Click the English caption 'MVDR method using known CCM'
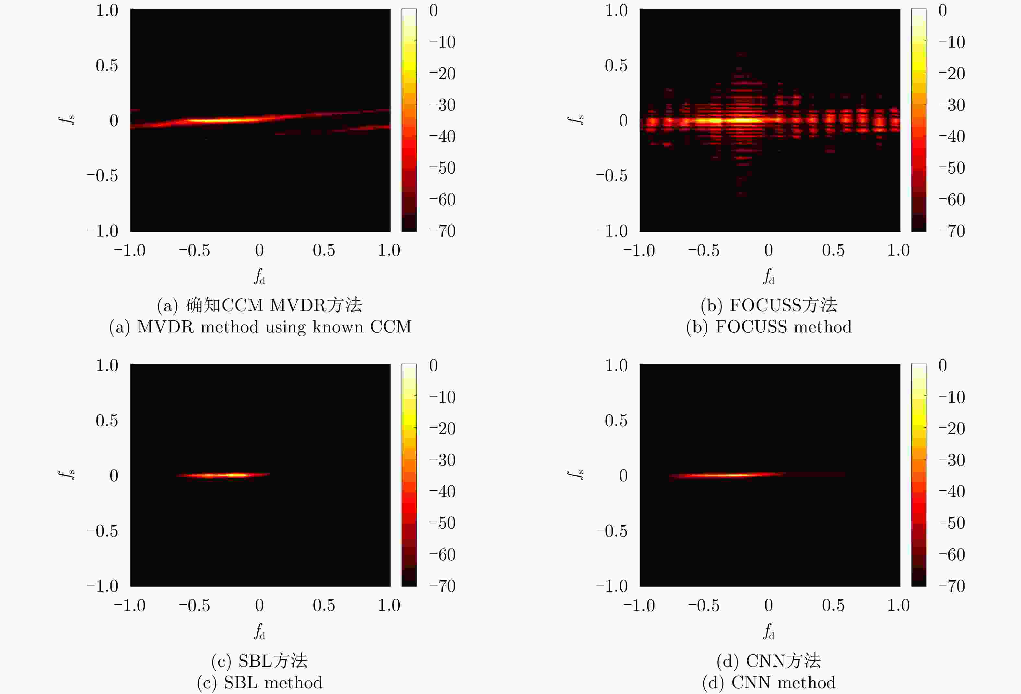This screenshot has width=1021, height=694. pos(260,327)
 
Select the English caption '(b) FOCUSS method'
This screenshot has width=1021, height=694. pos(769,327)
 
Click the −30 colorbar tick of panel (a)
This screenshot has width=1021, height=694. pos(442,105)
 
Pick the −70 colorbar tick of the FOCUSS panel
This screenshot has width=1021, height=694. pos(952,231)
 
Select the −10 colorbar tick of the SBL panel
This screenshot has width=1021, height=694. pos(442,398)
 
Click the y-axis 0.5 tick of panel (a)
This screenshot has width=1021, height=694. pos(107,65)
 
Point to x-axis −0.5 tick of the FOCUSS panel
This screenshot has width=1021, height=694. pos(704,250)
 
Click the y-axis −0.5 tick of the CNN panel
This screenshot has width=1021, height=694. pos(612,531)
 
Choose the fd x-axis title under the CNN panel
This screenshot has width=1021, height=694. pos(769,631)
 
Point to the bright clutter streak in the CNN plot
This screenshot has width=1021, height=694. pos(729,475)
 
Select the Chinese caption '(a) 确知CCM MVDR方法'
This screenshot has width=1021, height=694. pos(260,305)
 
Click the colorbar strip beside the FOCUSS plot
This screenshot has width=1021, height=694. pos(919,120)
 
